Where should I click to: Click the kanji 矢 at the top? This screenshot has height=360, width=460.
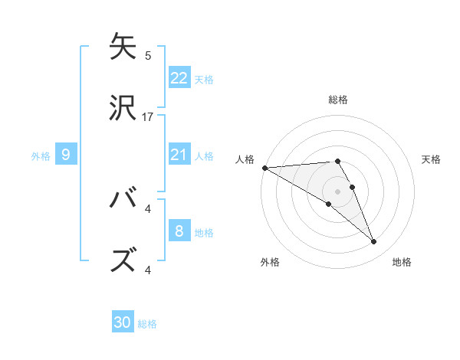(x=123, y=46)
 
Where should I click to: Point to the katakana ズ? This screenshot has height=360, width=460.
(x=123, y=260)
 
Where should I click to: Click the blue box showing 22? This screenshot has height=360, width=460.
(x=179, y=77)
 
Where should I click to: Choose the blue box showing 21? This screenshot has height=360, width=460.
(x=179, y=155)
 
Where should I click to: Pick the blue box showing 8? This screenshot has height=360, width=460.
(x=179, y=231)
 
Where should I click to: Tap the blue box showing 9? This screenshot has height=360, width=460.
(x=66, y=155)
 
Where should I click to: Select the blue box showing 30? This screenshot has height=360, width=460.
(x=123, y=322)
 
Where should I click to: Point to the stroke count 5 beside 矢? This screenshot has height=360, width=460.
(x=148, y=55)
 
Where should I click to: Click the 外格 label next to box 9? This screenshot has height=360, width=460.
(x=41, y=155)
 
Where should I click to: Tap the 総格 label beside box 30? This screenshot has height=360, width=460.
(x=147, y=324)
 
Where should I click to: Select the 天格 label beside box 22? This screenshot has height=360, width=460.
(x=204, y=79)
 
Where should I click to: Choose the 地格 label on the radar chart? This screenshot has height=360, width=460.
(x=402, y=262)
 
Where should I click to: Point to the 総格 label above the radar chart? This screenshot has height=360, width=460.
(x=338, y=100)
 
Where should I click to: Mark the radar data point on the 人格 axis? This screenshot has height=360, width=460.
(x=264, y=168)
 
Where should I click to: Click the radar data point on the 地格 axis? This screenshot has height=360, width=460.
(x=374, y=242)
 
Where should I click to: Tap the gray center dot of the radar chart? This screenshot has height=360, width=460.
(x=337, y=191)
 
